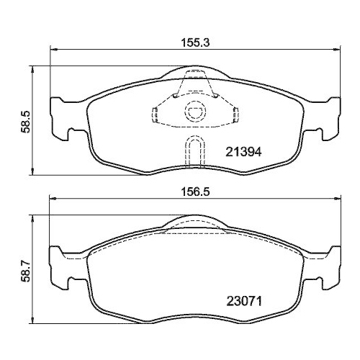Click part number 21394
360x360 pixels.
(243, 152)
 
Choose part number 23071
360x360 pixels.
(243, 295)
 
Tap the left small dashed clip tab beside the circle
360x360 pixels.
(156, 112)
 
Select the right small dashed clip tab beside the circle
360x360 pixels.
(234, 112)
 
